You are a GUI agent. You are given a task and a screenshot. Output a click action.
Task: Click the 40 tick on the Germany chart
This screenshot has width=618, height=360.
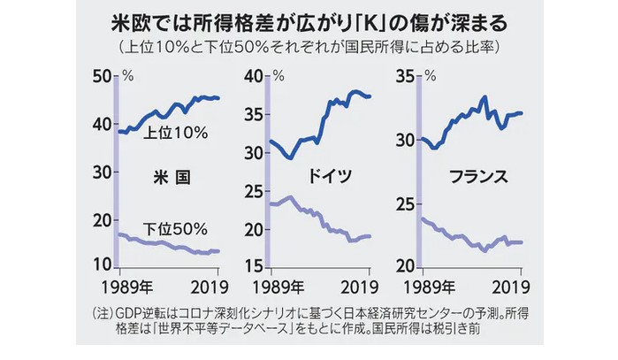255,77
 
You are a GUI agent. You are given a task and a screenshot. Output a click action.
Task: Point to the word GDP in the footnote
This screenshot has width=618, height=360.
135,314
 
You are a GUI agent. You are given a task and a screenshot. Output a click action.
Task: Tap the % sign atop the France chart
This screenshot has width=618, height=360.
431,75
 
